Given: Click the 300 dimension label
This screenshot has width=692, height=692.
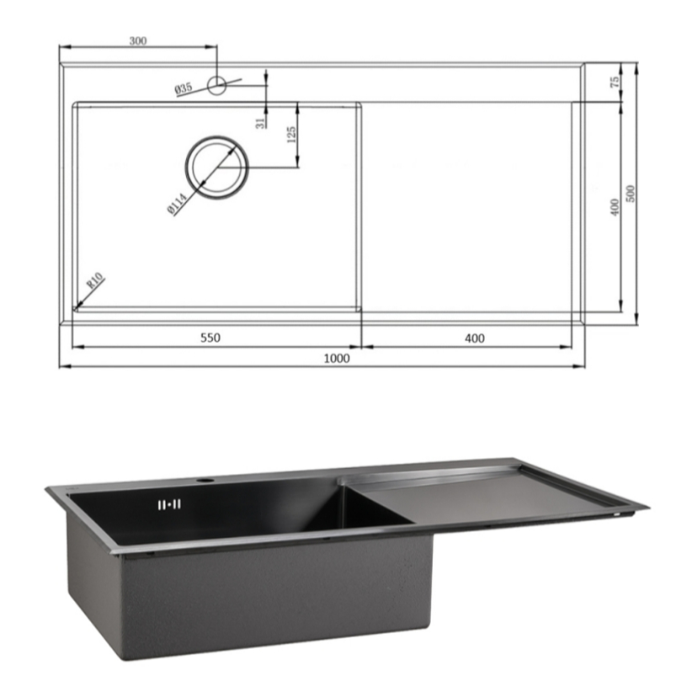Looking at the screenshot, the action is pyautogui.click(x=138, y=40).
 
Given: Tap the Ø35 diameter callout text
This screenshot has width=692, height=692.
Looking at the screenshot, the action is pyautogui.click(x=184, y=88).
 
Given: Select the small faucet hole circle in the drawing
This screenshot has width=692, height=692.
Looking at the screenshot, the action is pyautogui.click(x=216, y=85).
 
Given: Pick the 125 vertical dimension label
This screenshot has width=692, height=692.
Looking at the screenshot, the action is pyautogui.click(x=291, y=135).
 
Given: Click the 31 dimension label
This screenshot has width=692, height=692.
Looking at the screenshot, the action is pyautogui.click(x=261, y=123).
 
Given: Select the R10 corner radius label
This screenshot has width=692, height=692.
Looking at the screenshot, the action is pyautogui.click(x=95, y=280).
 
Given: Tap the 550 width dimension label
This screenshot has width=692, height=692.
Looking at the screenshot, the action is pyautogui.click(x=210, y=338).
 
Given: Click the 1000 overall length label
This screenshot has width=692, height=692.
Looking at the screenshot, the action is pyautogui.click(x=337, y=358).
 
